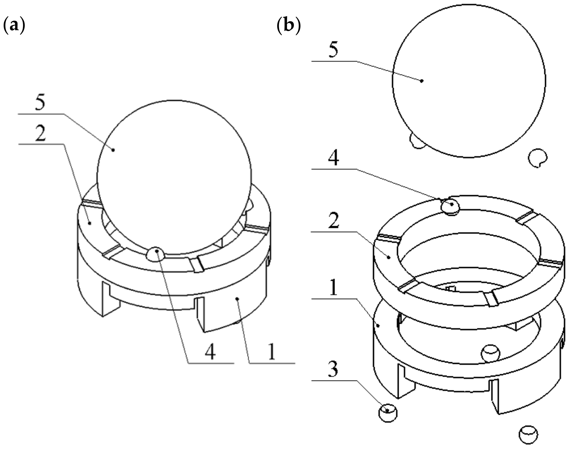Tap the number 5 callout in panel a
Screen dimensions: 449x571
[x=40, y=103]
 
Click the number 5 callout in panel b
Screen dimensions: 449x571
[x=333, y=50]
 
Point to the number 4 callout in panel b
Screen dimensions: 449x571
[x=333, y=158]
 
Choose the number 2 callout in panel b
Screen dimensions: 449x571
[x=333, y=220]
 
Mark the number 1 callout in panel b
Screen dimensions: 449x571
[x=333, y=287]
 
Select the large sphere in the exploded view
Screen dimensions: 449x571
[x=469, y=81]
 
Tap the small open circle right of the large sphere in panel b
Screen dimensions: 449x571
[x=537, y=158]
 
